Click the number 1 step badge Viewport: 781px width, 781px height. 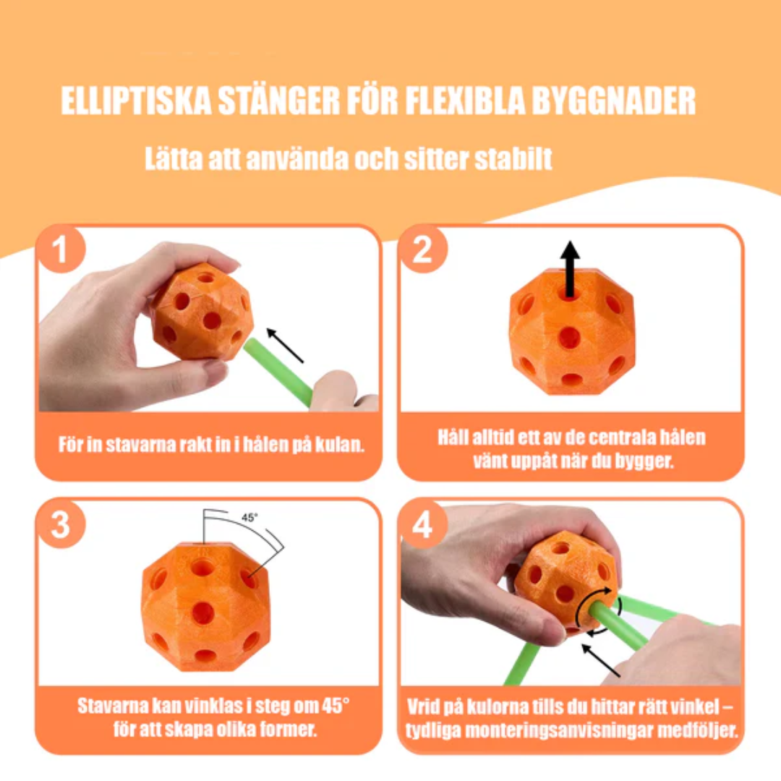[x=60, y=249]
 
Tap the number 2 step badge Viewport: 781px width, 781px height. [x=422, y=249]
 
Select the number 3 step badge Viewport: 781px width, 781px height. [x=60, y=524]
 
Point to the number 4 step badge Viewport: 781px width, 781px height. [x=422, y=524]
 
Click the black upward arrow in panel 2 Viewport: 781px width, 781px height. [x=571, y=269]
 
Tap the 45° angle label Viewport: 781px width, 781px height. [x=249, y=518]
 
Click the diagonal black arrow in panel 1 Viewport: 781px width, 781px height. [x=284, y=345]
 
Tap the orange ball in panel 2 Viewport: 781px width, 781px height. [x=572, y=331]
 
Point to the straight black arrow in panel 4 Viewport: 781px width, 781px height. [x=601, y=660]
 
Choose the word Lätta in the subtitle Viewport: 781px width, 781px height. [x=174, y=159]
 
